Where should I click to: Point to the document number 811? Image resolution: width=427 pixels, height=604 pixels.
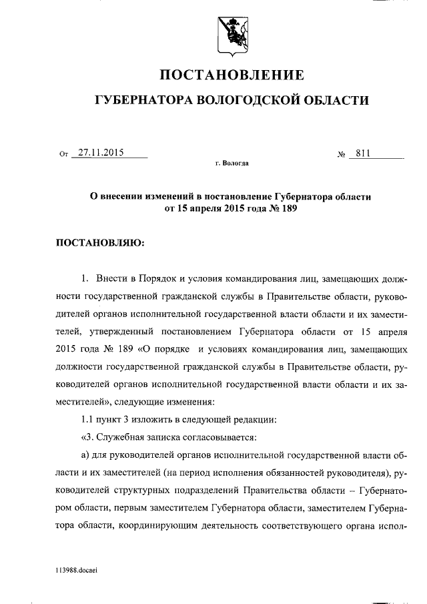364,153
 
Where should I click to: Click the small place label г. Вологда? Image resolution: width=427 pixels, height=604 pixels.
232,164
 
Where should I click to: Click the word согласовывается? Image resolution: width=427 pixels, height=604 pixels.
220,436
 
